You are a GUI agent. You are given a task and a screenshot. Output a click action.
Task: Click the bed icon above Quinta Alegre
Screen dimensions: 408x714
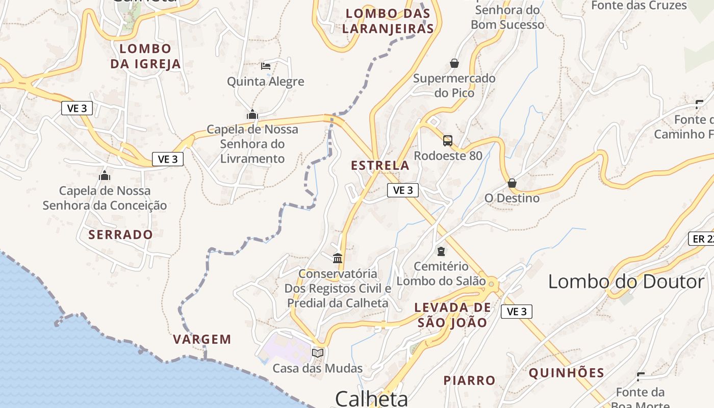click(265, 66)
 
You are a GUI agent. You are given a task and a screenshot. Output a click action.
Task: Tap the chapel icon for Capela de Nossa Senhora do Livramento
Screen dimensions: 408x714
click(252, 115)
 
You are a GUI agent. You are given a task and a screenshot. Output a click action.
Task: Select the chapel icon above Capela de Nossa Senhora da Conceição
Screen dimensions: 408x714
click(105, 176)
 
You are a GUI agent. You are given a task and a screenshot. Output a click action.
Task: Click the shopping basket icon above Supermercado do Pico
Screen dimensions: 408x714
click(454, 63)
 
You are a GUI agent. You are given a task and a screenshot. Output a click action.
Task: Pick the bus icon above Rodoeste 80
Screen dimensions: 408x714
click(448, 140)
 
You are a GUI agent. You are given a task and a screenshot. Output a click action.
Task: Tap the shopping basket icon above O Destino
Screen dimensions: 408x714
click(512, 183)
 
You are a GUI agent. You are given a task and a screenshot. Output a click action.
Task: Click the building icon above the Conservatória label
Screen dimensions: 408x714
click(338, 258)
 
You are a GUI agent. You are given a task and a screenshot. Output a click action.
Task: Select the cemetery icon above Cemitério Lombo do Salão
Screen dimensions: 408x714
click(441, 251)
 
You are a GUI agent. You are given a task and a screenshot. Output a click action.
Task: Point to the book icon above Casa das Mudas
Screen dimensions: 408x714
click(318, 353)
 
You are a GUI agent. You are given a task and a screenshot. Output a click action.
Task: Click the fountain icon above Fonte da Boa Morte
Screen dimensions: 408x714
click(641, 377)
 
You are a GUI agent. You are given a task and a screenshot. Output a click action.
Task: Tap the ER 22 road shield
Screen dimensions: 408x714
click(703, 239)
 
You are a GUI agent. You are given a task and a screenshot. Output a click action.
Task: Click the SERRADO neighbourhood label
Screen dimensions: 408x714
click(120, 235)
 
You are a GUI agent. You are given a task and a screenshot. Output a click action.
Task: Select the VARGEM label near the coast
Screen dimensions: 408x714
click(202, 339)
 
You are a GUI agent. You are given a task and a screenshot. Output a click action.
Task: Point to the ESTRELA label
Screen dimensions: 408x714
click(380, 165)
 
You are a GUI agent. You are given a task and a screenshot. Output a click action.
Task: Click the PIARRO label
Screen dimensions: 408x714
click(469, 380)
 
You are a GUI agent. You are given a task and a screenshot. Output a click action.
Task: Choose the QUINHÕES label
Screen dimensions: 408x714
click(566, 373)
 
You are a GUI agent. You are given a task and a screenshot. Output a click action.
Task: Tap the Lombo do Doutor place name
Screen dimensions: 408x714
click(626, 282)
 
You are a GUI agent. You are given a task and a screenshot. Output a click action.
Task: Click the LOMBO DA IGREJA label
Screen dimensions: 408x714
click(145, 56)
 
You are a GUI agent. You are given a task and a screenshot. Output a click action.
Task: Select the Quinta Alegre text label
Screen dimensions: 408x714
click(265, 82)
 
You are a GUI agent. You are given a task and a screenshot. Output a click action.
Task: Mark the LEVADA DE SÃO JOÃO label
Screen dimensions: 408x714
click(452, 315)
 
